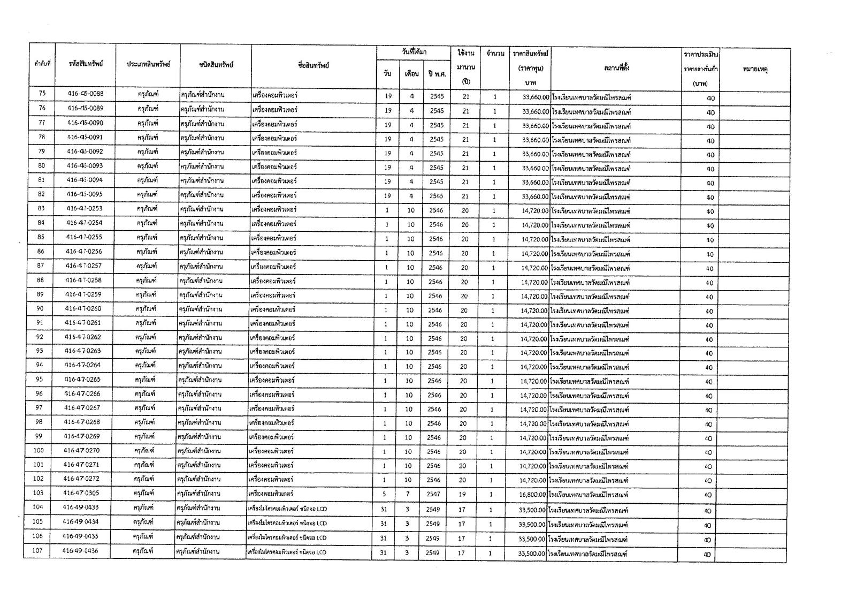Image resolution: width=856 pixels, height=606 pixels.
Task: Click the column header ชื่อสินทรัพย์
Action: (314, 65)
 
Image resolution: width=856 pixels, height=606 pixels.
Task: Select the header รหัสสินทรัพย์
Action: (86, 64)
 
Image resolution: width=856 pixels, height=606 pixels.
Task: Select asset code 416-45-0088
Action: (86, 94)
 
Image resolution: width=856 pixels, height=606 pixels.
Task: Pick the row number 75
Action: (43, 94)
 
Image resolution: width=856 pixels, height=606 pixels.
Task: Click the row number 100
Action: (39, 450)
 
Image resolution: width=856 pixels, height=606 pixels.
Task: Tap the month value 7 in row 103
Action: (408, 494)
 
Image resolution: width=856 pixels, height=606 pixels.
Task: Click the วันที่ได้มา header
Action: (414, 52)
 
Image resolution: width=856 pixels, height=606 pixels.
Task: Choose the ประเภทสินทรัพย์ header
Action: (148, 64)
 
